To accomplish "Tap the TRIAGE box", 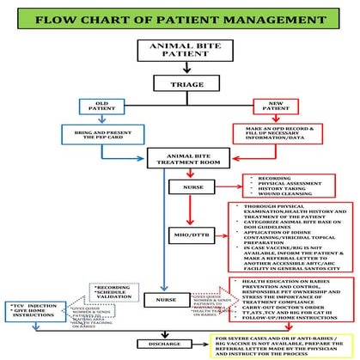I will (179, 82).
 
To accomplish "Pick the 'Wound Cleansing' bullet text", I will (273, 195).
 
